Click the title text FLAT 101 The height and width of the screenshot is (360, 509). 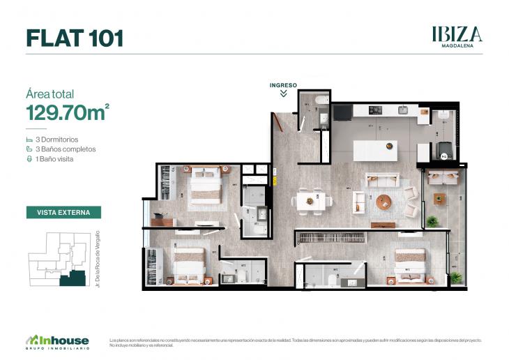click(75, 38)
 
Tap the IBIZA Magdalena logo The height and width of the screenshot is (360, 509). click(457, 35)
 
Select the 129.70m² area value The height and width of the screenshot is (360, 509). click(67, 112)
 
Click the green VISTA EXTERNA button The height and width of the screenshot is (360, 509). click(63, 212)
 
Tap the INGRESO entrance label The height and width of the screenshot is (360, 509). click(283, 85)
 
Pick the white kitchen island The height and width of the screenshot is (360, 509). click(376, 149)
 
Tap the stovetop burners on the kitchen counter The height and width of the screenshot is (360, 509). click(374, 110)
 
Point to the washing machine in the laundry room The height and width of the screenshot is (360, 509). click(443, 148)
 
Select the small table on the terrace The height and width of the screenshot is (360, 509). click(439, 199)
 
